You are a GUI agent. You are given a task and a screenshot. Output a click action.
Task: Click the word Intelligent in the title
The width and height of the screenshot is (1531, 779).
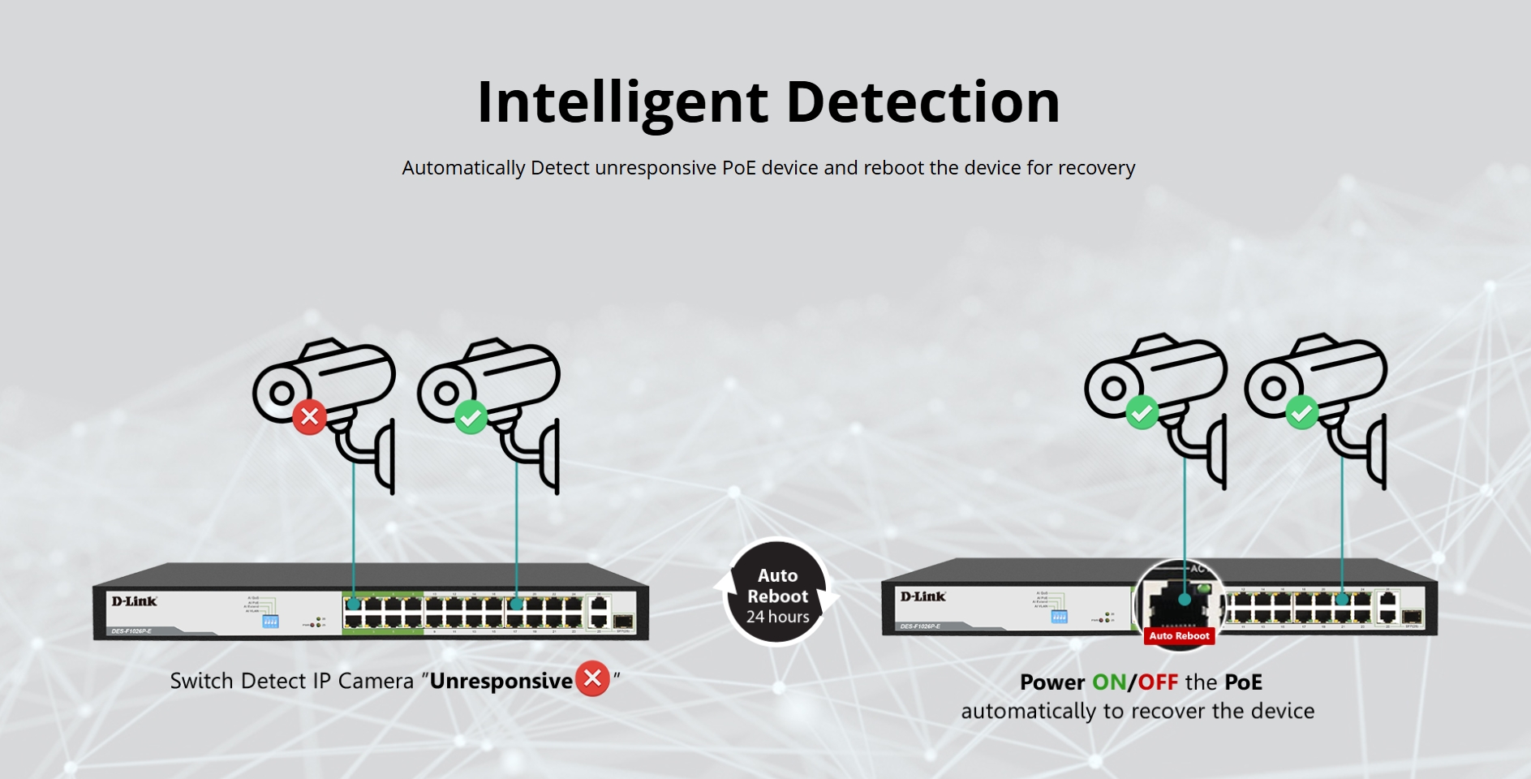click(621, 103)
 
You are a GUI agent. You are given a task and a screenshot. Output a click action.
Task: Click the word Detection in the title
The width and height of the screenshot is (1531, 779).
click(922, 103)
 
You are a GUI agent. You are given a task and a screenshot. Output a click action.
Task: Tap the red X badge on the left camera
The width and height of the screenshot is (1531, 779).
click(309, 417)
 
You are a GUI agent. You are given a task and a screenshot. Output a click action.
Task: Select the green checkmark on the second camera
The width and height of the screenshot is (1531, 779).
click(471, 417)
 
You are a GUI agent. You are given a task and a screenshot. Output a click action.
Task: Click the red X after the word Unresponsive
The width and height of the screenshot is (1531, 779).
click(592, 678)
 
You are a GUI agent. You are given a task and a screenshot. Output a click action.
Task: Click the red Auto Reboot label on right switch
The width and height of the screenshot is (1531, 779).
click(1179, 635)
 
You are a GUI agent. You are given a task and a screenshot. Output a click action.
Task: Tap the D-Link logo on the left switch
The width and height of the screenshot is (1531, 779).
click(134, 601)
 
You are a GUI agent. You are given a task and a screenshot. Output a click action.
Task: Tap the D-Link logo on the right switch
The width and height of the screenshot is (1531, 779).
click(922, 596)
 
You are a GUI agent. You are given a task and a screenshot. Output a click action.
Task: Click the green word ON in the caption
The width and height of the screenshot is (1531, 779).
click(1108, 682)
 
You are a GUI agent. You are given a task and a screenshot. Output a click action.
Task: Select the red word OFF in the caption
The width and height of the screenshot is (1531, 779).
click(1158, 682)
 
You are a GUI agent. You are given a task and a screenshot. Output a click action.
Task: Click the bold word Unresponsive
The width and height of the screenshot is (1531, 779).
click(501, 681)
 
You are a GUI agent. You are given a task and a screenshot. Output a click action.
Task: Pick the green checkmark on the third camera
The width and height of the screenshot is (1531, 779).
click(1142, 412)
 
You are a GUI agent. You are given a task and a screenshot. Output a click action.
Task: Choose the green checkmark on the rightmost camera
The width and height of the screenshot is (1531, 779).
click(1302, 412)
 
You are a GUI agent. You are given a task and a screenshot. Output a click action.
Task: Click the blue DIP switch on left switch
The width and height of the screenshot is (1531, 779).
click(270, 622)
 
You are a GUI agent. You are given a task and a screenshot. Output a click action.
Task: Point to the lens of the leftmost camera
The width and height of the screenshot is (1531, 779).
click(282, 394)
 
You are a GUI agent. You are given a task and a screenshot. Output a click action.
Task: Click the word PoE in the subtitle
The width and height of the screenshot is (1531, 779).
click(738, 168)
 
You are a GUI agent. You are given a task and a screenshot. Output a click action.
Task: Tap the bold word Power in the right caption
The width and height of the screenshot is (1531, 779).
click(1052, 682)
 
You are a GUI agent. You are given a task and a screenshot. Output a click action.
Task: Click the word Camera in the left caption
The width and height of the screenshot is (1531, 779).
click(376, 681)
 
